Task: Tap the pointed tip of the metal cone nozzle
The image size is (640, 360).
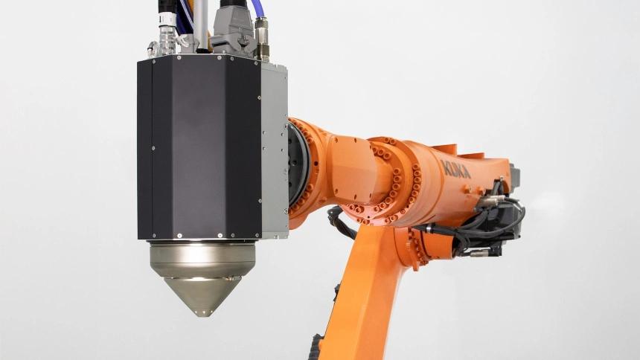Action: [x=200, y=312]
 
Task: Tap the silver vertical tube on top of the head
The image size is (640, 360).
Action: [x=200, y=22]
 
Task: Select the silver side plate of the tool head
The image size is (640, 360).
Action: [x=273, y=149]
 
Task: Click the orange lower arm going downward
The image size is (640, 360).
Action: [x=365, y=298]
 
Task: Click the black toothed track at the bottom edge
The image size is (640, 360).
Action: [x=316, y=348]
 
